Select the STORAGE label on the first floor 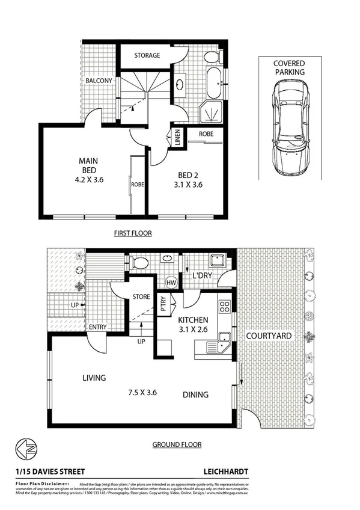pos(147,55)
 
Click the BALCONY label pos(97,80)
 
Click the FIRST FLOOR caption pos(133,233)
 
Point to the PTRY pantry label pos(162,303)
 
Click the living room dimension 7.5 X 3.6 pos(142,392)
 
